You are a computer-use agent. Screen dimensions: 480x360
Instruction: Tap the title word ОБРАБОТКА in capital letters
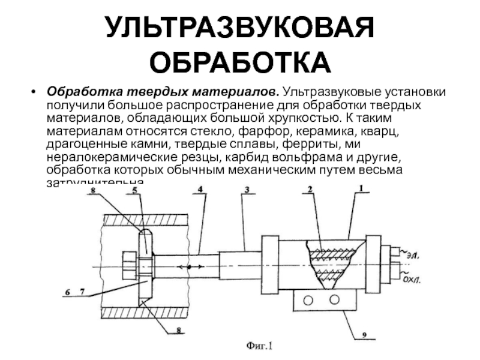pos(240,61)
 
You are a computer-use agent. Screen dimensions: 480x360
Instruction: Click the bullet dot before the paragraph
pos(34,94)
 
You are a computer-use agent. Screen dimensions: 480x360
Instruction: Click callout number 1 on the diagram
pos(361,188)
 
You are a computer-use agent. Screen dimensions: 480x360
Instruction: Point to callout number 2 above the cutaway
pos(310,190)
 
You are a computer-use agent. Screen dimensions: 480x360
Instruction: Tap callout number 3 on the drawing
pos(246,190)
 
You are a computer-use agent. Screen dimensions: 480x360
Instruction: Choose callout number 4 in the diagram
pos(200,190)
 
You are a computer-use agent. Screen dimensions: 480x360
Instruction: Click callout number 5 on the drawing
pos(135,191)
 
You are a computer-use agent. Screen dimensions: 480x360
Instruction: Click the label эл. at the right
pos(412,256)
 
